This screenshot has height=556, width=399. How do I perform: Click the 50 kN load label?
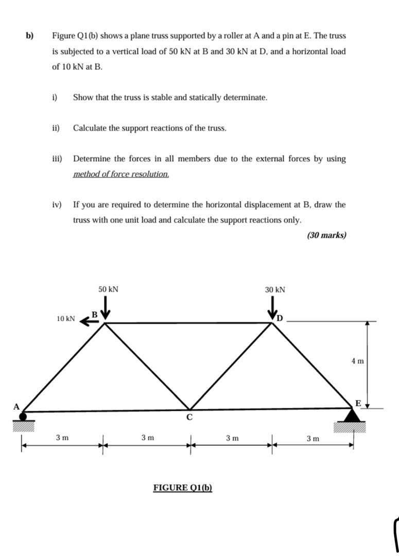[108, 289]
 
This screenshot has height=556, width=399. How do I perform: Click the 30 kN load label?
[275, 290]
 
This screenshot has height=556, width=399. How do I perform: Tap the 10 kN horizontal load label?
[66, 319]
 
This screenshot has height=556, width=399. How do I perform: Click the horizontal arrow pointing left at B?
[90, 321]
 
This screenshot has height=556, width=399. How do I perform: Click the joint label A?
[16, 407]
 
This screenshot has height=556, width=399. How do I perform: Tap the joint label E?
[358, 402]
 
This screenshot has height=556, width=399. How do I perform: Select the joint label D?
[280, 316]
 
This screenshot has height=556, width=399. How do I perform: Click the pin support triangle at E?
[352, 416]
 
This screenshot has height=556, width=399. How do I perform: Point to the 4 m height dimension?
[357, 361]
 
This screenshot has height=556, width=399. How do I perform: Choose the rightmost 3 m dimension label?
[313, 439]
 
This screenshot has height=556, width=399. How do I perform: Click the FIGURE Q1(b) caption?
[183, 488]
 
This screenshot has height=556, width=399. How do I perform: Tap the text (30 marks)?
[326, 235]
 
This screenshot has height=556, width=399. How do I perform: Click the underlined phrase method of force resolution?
[121, 174]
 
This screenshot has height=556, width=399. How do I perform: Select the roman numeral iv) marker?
[57, 205]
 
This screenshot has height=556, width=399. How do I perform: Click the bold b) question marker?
[30, 36]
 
